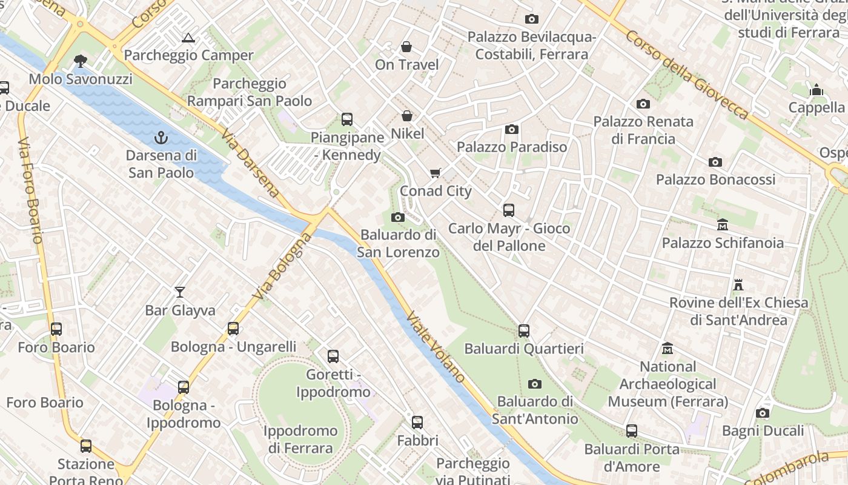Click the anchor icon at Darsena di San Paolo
click(161, 138)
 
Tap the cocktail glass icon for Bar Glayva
click(180, 292)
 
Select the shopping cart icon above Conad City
click(435, 173)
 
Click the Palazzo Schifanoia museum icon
click(722, 225)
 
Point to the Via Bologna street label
click(282, 266)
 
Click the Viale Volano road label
click(436, 347)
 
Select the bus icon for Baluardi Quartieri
click(524, 331)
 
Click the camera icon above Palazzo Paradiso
click(512, 129)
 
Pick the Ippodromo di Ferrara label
click(301, 440)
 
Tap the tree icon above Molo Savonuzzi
click(80, 61)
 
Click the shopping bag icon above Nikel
click(407, 116)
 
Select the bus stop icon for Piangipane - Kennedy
click(347, 119)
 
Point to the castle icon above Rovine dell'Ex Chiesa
click(738, 284)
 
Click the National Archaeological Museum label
click(668, 384)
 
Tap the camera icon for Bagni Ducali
click(763, 413)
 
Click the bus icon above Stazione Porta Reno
click(86, 446)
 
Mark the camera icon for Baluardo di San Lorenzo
click(398, 217)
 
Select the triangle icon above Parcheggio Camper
click(188, 38)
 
